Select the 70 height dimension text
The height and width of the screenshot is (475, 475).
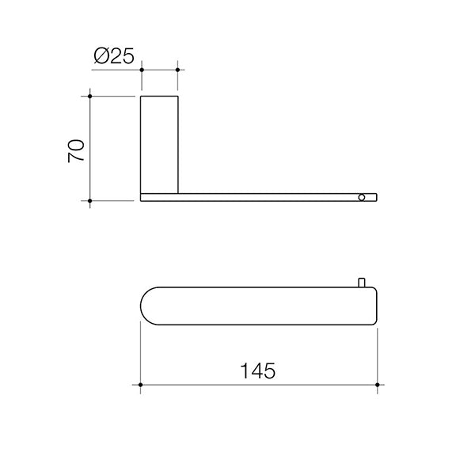click(77, 149)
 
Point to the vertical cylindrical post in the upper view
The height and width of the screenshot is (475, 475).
click(159, 142)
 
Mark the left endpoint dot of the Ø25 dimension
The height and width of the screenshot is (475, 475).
click(141, 70)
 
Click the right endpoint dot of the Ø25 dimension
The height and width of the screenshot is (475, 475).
click(177, 70)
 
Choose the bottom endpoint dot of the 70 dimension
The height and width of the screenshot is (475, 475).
click(90, 202)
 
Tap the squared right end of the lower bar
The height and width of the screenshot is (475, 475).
click(374, 305)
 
